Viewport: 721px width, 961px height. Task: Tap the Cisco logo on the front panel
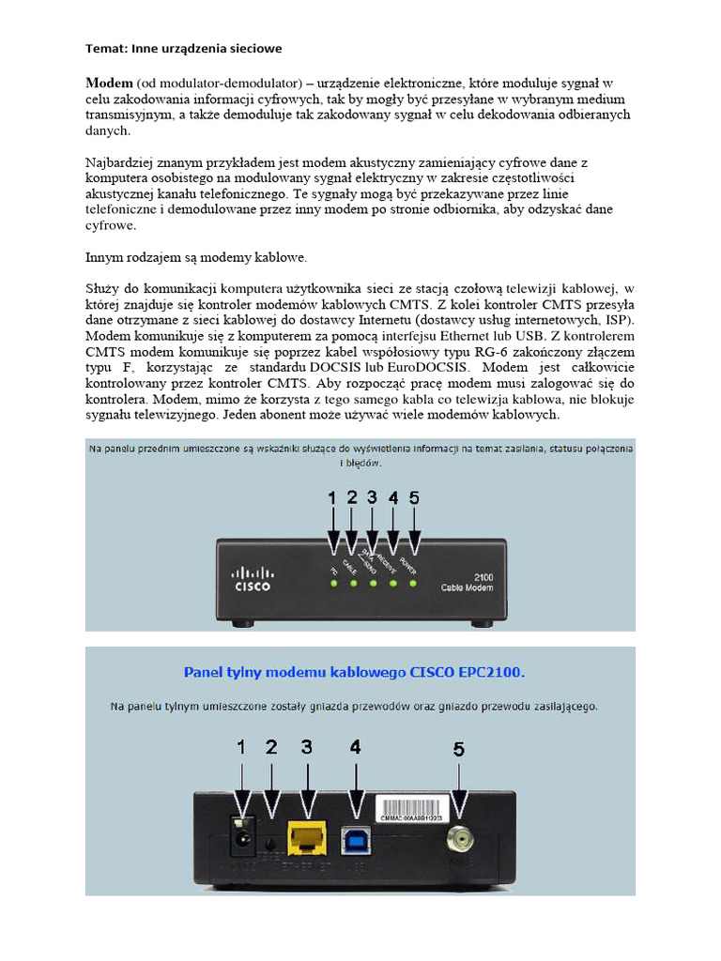[252, 578]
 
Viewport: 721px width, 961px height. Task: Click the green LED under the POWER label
[413, 584]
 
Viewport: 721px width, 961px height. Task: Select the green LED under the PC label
[333, 584]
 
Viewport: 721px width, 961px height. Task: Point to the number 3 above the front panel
[373, 499]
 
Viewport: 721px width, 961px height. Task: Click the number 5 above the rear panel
[459, 749]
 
